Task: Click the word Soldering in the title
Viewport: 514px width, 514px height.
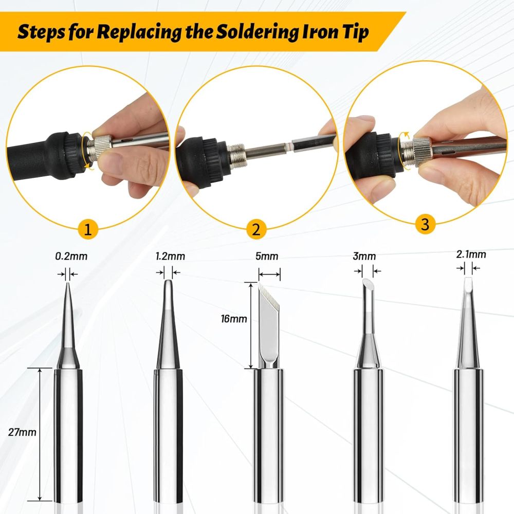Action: [x=256, y=32]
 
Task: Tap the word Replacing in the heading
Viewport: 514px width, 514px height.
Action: [x=139, y=32]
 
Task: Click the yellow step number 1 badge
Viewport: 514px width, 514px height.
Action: [x=88, y=229]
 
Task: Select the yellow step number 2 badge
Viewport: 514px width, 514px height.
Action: [x=256, y=229]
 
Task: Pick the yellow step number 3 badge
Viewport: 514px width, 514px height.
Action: [x=425, y=225]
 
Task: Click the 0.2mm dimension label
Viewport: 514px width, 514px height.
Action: [x=71, y=256]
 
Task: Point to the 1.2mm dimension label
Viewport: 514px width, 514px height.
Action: [x=170, y=256]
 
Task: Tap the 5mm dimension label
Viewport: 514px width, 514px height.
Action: [x=267, y=256]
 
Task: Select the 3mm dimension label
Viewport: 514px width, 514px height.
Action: [x=364, y=256]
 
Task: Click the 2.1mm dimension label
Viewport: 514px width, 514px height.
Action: [x=471, y=254]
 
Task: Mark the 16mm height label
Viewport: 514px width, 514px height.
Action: [x=234, y=319]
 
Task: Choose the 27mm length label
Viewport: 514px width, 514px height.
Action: [x=22, y=432]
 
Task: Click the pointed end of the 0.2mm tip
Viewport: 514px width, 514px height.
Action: [x=68, y=283]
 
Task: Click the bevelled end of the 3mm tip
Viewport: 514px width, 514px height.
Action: [x=367, y=282]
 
